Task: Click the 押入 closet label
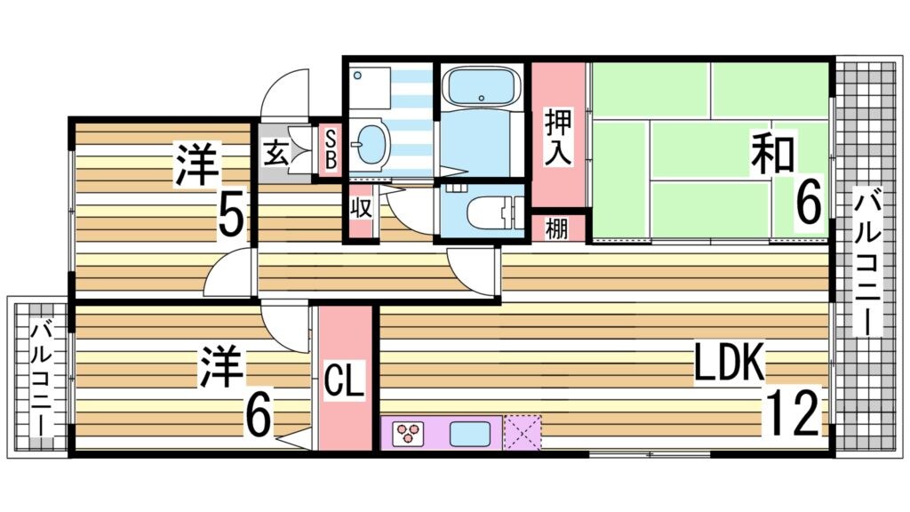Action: coord(558,136)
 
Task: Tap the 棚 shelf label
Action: coord(556,229)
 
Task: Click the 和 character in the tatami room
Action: coord(771,153)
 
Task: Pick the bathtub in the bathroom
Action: coord(480,88)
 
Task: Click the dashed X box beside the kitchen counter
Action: coord(522,433)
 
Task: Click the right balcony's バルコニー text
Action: coord(867,261)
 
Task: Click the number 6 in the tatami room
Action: coord(807,202)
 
